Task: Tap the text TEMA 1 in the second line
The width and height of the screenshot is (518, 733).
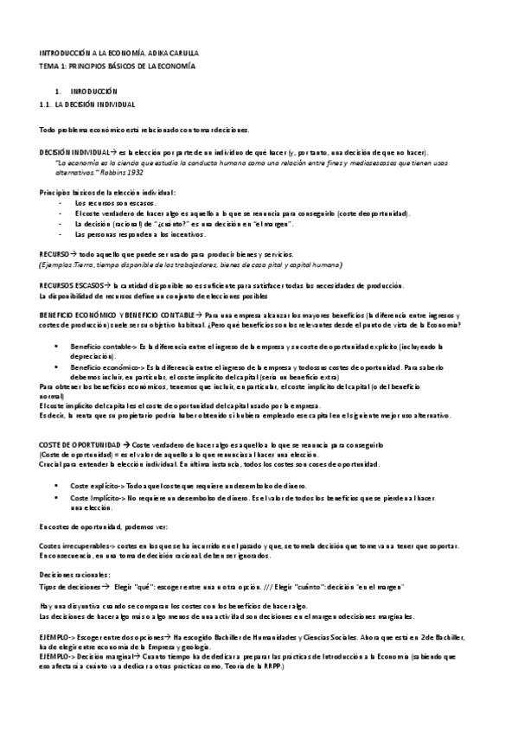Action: point(54,66)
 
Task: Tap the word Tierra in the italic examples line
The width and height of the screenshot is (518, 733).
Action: point(88,265)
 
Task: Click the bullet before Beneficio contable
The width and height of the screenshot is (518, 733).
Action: point(57,345)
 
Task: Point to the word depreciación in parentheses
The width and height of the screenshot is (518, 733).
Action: point(93,354)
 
